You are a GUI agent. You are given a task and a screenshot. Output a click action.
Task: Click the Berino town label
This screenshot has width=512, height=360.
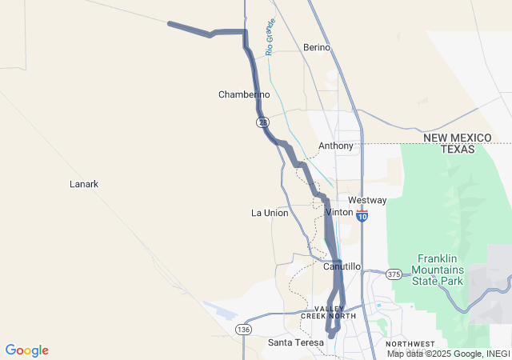[x=317, y=48]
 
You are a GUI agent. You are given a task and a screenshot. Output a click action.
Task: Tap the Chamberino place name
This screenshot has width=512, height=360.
[x=244, y=94]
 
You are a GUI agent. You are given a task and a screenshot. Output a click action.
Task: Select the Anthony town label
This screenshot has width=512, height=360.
[x=336, y=146]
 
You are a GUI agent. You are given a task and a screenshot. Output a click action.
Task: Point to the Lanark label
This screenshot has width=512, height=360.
[x=84, y=184]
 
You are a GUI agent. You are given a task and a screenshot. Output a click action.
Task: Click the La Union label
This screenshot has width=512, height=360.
[x=270, y=213]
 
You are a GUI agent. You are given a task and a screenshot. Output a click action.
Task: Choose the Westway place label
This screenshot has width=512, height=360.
[x=367, y=200]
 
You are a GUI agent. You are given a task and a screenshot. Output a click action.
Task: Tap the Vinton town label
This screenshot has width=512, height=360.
[x=340, y=212]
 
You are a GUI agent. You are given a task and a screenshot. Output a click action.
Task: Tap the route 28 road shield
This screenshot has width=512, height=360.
[x=262, y=122]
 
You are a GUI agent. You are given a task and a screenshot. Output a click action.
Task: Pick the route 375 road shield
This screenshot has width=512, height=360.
[x=394, y=274]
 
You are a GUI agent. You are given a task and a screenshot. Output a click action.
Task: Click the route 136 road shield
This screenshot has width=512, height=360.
[x=243, y=330]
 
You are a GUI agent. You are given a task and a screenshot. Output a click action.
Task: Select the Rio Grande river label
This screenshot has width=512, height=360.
[x=270, y=36]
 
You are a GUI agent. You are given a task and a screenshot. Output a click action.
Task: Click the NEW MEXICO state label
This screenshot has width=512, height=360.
[x=458, y=138]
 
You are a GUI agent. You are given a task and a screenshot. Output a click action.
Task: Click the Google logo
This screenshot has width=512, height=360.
[x=26, y=350]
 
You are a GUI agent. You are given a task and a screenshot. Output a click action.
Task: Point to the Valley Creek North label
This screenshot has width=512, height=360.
[x=328, y=313]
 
